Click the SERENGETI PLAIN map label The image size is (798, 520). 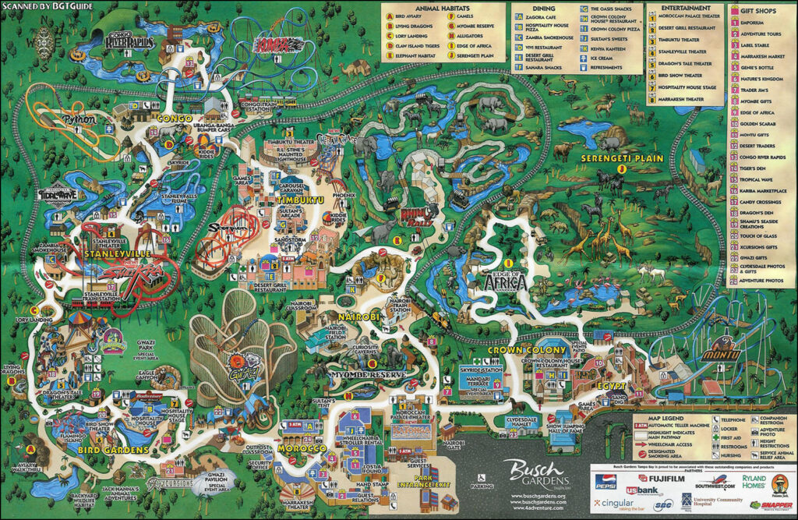click(x=620, y=158)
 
